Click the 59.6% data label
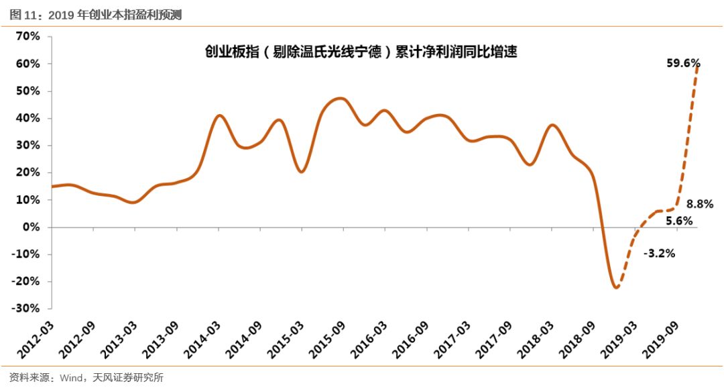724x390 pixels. [x=683, y=64]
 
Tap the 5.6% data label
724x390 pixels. [x=679, y=220]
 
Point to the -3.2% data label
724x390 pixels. [x=659, y=254]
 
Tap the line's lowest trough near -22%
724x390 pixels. [x=615, y=287]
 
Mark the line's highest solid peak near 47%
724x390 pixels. [x=341, y=99]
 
